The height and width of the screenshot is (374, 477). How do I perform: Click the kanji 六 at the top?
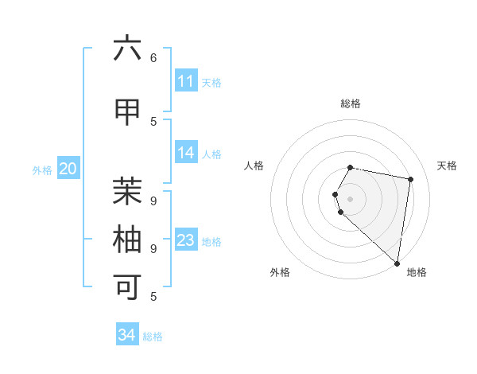[x=127, y=49]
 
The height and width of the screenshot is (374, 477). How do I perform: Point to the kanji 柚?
[x=127, y=239]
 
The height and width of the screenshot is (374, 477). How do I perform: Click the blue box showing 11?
[x=186, y=81]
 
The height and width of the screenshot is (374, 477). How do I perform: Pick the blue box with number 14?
[x=186, y=153]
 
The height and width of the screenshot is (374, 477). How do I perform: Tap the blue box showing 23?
[x=186, y=240]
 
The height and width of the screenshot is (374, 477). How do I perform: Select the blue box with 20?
[x=68, y=168]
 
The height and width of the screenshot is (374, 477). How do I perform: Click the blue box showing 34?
[x=127, y=335]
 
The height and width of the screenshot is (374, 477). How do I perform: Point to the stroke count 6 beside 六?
[x=153, y=57]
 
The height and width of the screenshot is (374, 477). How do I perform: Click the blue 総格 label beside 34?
[x=153, y=337]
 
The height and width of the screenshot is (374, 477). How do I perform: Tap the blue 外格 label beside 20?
[x=42, y=169]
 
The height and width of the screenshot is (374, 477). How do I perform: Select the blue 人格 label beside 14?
[x=211, y=154]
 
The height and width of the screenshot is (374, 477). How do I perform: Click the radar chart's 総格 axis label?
[x=351, y=103]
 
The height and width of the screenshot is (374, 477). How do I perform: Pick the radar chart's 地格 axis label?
[x=417, y=272]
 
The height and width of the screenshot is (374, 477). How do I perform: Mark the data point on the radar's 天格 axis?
[x=410, y=179]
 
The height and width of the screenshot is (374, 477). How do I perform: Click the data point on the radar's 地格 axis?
[x=397, y=263]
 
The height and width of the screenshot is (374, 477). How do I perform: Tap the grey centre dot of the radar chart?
[x=351, y=198]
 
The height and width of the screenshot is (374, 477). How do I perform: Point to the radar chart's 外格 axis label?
[x=280, y=272]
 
